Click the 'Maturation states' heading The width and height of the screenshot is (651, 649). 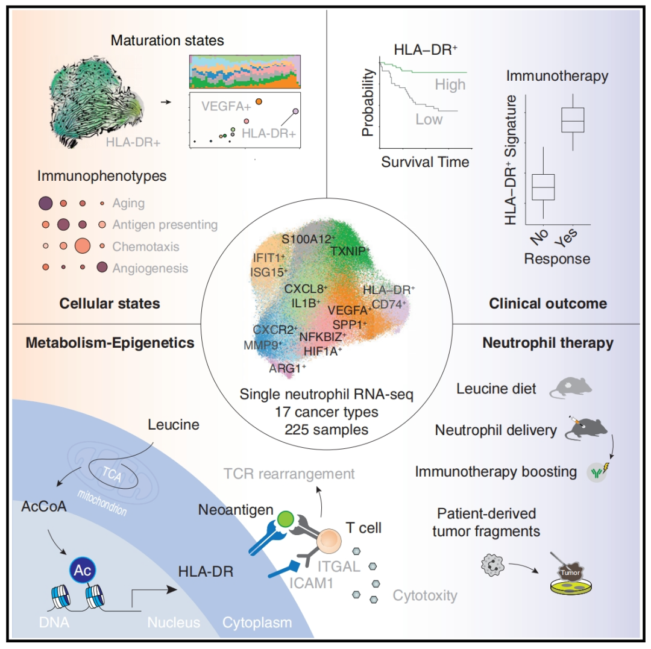167,41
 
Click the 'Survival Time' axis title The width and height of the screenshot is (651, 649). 425,162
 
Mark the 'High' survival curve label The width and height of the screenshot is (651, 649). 450,84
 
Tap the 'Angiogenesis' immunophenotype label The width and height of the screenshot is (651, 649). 150,268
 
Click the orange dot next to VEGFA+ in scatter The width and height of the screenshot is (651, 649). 258,102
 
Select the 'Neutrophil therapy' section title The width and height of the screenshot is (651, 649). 548,343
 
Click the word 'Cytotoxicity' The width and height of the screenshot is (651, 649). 425,596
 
